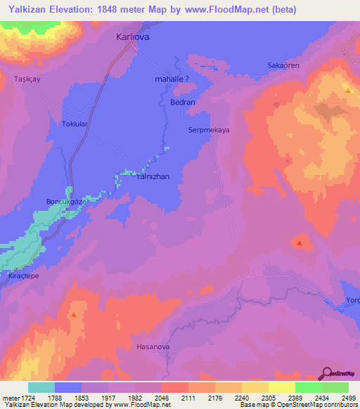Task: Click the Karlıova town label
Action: (133, 39)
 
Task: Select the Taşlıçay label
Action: (27, 79)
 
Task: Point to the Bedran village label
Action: (183, 102)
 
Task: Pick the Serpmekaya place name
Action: (210, 130)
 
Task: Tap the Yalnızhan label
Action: (153, 177)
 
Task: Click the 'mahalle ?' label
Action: (172, 79)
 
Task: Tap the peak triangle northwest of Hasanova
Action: (74, 314)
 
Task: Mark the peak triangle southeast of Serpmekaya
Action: (300, 243)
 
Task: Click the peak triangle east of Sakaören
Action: (348, 91)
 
